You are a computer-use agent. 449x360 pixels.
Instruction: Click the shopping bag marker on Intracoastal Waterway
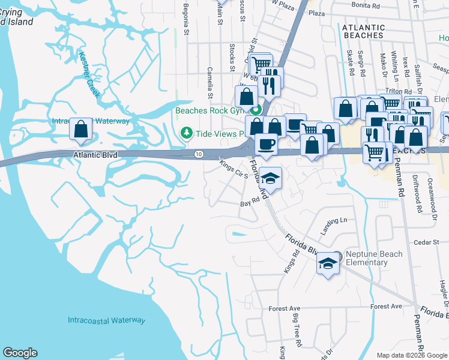(80, 130)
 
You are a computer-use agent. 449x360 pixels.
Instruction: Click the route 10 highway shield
(199, 155)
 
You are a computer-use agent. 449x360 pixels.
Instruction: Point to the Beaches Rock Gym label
(212, 110)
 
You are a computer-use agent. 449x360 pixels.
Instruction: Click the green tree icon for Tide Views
(187, 132)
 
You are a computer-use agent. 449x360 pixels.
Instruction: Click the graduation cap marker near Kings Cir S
(270, 178)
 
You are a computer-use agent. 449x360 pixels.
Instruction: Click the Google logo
(19, 353)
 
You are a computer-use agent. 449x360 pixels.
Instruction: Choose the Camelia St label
(211, 83)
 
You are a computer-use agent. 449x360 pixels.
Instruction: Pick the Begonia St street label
(186, 23)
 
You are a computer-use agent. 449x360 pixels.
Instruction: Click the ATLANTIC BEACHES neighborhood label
(363, 31)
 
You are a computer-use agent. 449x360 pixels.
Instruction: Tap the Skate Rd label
(349, 63)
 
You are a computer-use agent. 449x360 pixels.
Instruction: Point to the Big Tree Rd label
(298, 333)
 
